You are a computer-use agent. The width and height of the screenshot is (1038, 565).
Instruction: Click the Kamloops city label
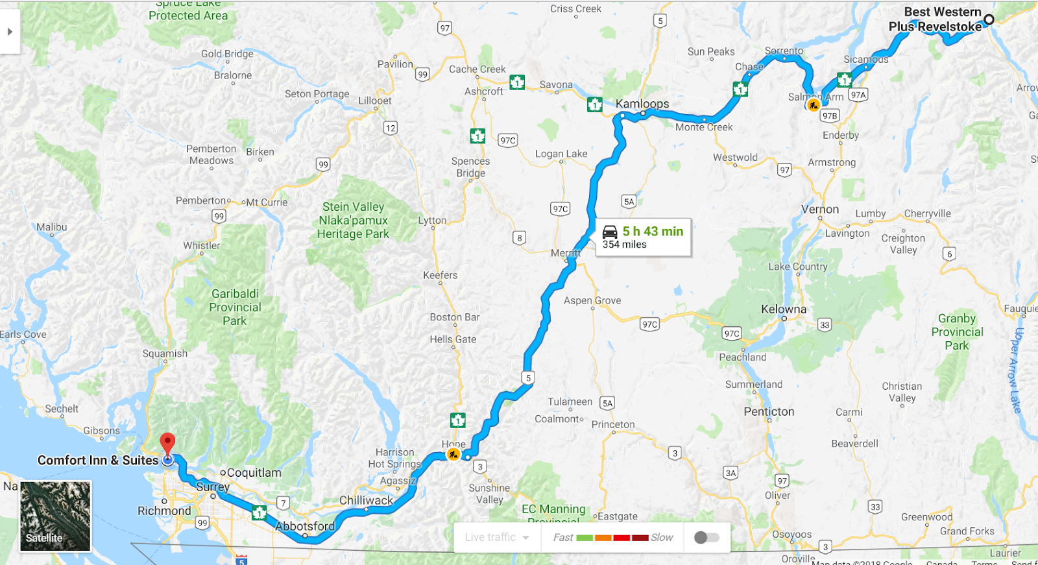(x=642, y=104)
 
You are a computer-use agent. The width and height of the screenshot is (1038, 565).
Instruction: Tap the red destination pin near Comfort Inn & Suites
(x=167, y=444)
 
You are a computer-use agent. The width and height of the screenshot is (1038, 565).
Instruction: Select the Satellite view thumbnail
(x=55, y=516)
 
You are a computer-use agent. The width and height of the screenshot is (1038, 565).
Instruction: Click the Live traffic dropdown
(x=497, y=537)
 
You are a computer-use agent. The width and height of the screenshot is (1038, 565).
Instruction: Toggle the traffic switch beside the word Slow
(x=706, y=537)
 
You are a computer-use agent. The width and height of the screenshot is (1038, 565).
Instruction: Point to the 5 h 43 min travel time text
(x=653, y=232)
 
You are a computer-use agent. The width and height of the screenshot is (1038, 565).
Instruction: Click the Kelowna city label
(x=784, y=309)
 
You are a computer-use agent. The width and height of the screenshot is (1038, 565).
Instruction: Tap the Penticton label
(x=769, y=411)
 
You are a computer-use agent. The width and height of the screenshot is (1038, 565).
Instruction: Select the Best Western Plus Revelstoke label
(x=935, y=19)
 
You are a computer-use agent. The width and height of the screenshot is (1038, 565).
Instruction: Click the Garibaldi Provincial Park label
(x=235, y=307)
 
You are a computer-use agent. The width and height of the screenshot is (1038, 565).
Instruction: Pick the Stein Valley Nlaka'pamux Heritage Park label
(x=353, y=221)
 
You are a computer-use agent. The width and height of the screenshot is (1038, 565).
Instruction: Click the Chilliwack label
(x=366, y=500)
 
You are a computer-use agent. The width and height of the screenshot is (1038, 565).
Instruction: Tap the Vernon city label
(x=819, y=210)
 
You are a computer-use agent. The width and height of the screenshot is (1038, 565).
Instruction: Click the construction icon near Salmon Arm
(x=813, y=105)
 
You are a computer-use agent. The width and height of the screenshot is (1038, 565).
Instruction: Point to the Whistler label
(x=201, y=246)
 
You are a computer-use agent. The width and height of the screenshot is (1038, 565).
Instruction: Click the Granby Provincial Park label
(x=957, y=332)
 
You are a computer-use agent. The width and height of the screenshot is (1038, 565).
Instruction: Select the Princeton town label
(x=613, y=425)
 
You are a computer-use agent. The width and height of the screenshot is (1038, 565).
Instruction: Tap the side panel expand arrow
(x=10, y=32)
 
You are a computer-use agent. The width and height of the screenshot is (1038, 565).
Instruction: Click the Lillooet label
(x=375, y=101)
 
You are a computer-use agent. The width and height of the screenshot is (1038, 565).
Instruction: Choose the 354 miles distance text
(x=624, y=245)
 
